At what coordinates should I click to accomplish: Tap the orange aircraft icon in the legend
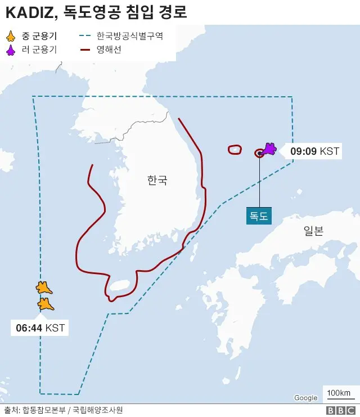(10, 37)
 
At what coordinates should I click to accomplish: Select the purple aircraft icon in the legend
(10, 51)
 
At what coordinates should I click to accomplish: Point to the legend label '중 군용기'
(39, 37)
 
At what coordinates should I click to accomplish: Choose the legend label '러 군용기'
(39, 51)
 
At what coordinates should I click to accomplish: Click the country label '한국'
(157, 181)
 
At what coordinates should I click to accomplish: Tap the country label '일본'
(313, 230)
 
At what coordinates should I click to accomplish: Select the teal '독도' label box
(259, 216)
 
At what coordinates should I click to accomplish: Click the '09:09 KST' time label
(314, 151)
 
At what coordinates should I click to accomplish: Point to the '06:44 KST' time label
(40, 328)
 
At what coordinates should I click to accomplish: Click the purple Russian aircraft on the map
(268, 149)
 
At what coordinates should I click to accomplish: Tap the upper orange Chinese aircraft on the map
(43, 288)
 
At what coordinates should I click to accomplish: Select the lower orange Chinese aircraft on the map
(46, 304)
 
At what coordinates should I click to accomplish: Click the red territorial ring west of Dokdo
(235, 150)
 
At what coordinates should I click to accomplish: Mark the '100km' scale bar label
(338, 392)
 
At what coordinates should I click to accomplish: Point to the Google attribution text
(305, 398)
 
